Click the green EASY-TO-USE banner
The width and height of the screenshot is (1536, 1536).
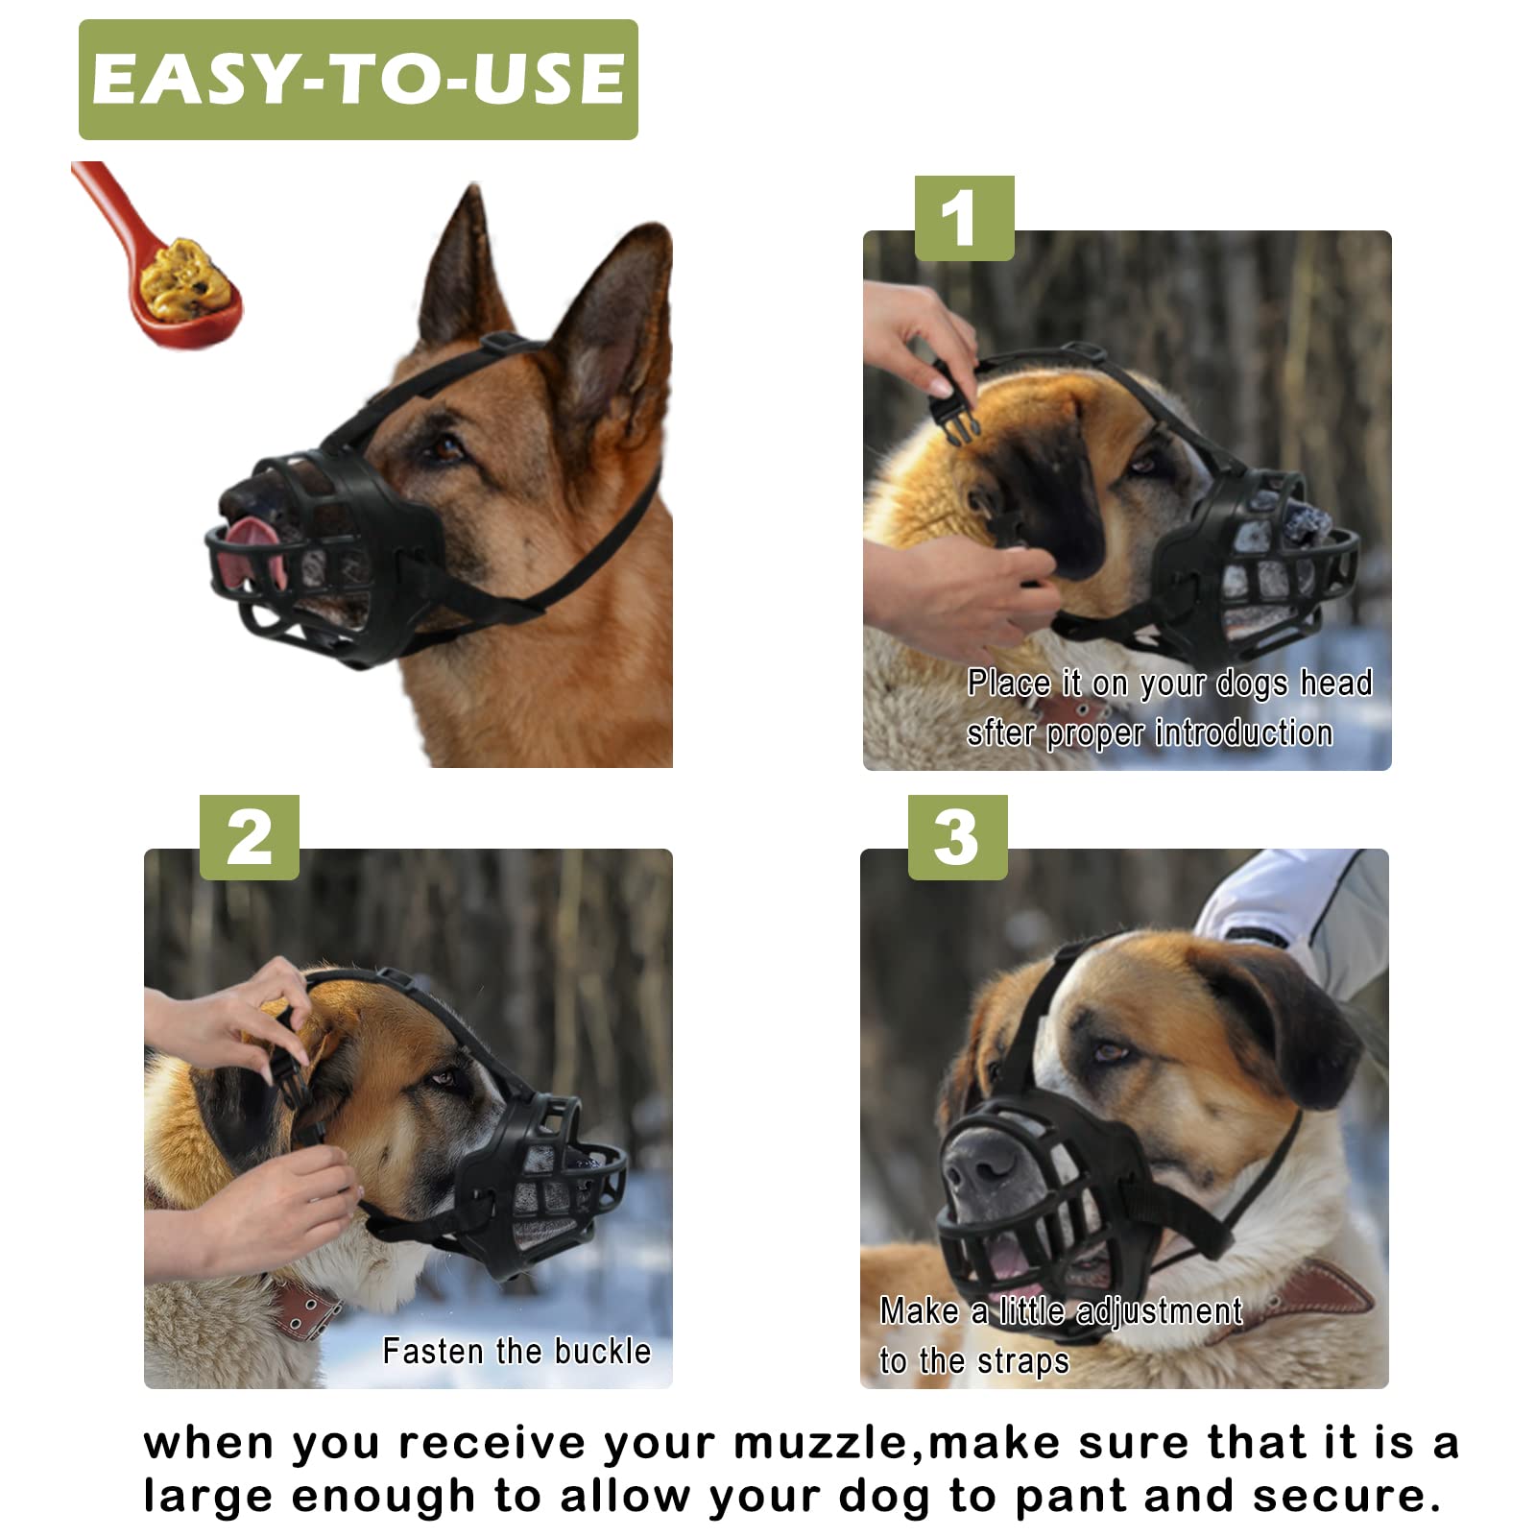pos(358,80)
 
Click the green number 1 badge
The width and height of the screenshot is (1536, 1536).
pos(964,218)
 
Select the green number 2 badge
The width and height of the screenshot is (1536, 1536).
pos(250,837)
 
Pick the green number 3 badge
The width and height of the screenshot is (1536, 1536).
pos(957,837)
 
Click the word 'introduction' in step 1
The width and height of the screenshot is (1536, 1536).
pos(1244,733)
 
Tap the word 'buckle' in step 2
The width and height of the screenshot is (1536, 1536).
pos(603,1352)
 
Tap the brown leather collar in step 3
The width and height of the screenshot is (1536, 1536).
pos(1325,1291)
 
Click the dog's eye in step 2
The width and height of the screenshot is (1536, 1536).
pos(444,1079)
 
